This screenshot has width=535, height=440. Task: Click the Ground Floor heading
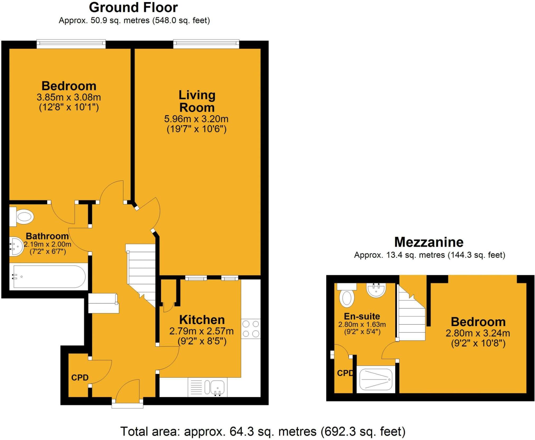[x=133, y=8]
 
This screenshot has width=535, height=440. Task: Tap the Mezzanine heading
[x=429, y=242]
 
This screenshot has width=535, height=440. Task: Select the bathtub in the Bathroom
[x=49, y=277]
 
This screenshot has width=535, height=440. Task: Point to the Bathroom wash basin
[x=16, y=246]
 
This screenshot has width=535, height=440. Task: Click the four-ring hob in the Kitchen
[x=251, y=329]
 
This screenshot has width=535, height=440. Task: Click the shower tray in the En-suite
[x=376, y=379]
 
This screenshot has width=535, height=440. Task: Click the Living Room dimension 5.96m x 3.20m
[x=196, y=119]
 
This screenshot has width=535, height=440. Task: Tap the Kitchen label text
[x=202, y=320]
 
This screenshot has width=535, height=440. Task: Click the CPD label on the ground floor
[x=80, y=378]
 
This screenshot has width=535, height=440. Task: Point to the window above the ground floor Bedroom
[x=71, y=44]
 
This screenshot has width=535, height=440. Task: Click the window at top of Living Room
[x=206, y=44]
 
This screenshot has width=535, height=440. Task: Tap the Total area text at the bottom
[x=263, y=432]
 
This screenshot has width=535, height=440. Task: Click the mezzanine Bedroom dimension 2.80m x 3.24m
[x=478, y=333]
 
